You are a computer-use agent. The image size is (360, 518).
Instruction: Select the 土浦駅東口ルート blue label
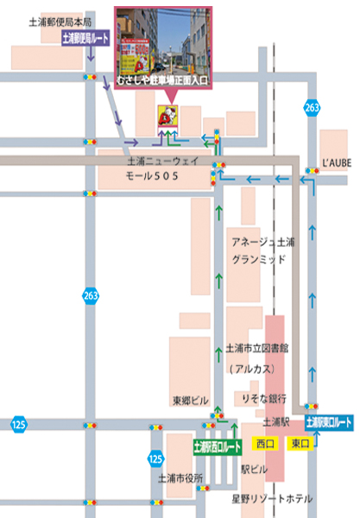point(329,423)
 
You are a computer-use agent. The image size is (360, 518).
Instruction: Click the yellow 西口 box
point(264,444)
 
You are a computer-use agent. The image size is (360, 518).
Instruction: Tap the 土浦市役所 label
point(180,477)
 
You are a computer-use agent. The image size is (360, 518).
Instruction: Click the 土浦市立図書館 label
point(256,349)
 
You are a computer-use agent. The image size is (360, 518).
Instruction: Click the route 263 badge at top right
point(311,107)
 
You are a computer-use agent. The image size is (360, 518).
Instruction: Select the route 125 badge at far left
point(18,425)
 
